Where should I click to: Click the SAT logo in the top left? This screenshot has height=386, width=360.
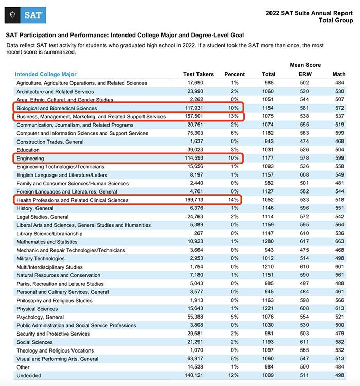[x=25, y=15]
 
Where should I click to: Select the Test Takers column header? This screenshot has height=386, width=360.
[x=199, y=74]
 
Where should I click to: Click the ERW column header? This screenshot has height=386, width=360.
[x=305, y=74]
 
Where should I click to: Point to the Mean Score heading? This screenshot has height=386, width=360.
[x=305, y=65]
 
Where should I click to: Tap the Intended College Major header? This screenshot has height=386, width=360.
[x=46, y=74]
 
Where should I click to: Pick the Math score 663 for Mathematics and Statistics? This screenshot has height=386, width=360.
[x=338, y=242]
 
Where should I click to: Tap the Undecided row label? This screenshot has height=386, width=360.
[x=29, y=376]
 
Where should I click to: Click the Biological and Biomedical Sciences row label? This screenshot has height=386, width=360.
[x=57, y=108]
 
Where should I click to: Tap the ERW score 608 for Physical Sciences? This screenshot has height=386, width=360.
[x=305, y=309]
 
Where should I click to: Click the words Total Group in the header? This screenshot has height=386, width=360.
[x=336, y=21]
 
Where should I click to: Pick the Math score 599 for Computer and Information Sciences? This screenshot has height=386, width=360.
[x=338, y=133]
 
